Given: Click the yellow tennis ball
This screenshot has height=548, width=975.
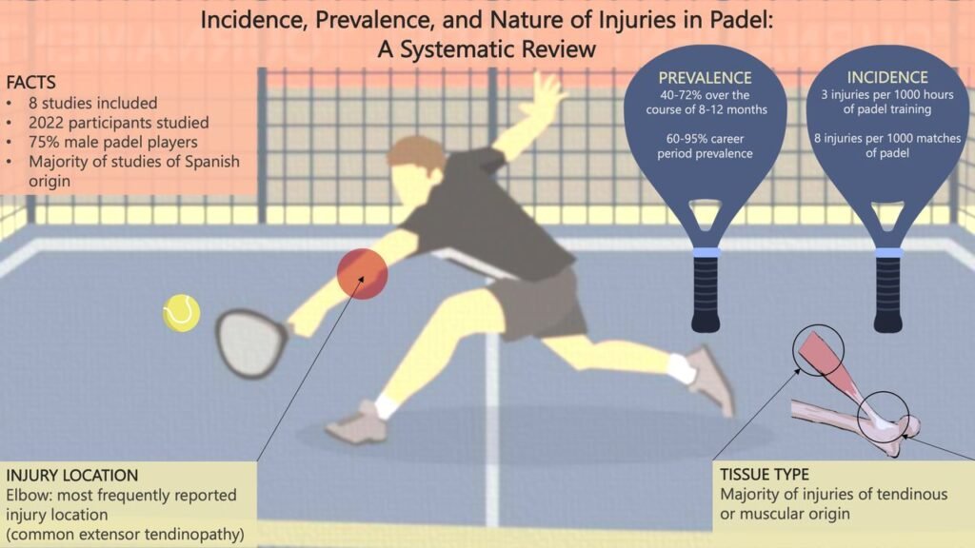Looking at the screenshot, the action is coord(182,312).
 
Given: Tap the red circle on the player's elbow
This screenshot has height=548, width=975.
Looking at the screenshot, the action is coord(363,273).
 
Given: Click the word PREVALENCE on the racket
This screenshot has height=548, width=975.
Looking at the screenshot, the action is coord(706,78).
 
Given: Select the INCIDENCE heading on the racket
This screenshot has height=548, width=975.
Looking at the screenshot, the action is coord(887,77).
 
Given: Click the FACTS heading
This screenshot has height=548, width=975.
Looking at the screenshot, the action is coord(31,82).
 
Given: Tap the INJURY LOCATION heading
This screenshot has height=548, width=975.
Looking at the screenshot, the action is coord(72,476).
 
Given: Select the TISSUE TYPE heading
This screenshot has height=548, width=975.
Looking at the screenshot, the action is coord(765,475).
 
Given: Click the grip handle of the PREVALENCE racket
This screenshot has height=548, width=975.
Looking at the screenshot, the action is coord(706,291).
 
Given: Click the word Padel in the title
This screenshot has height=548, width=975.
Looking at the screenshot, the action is coord(744,20).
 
